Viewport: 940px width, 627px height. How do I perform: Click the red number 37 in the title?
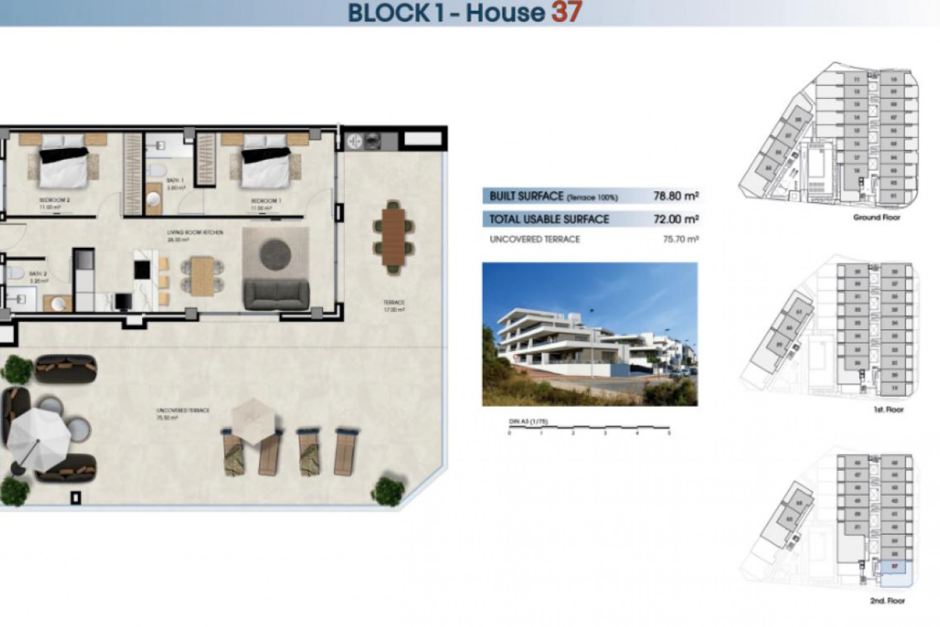[566, 12]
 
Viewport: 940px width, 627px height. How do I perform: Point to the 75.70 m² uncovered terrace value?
[681, 240]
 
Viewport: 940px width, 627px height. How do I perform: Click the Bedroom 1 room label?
[266, 201]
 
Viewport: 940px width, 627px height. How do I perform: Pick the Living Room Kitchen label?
[195, 233]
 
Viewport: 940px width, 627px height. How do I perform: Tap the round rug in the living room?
[275, 254]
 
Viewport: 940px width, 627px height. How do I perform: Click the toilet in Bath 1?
[157, 172]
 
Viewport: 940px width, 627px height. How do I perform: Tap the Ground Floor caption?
[876, 217]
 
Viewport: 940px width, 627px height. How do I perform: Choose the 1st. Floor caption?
[888, 410]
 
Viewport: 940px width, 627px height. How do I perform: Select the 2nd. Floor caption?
[887, 601]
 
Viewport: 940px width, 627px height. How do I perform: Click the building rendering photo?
[589, 334]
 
